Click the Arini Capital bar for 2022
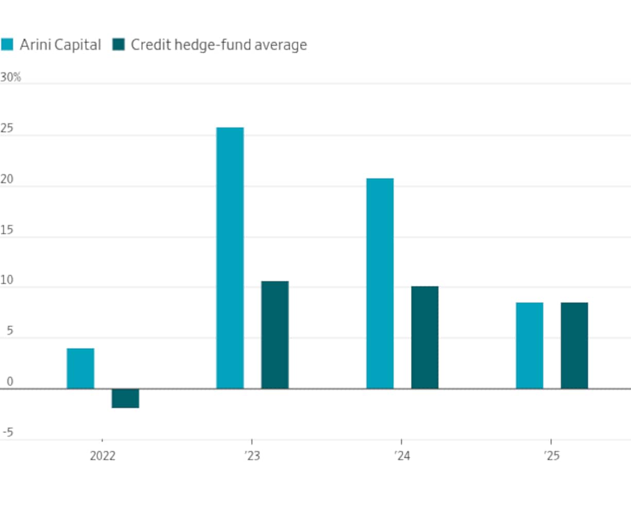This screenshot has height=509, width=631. click(x=80, y=368)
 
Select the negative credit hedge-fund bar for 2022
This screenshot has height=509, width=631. click(x=125, y=398)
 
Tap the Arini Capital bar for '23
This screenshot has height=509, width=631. click(x=230, y=258)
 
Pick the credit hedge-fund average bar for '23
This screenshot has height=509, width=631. click(x=275, y=335)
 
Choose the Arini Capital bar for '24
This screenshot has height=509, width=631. click(x=380, y=283)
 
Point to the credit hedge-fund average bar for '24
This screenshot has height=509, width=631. click(x=424, y=337)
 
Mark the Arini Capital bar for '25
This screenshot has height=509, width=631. click(x=530, y=345)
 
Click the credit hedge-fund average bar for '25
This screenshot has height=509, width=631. click(x=574, y=345)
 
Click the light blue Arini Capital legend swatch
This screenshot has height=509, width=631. click(x=7, y=45)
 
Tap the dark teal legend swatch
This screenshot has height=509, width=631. click(x=118, y=45)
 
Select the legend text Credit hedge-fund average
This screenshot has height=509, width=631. click(x=219, y=45)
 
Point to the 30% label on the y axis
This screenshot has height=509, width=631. click(x=10, y=77)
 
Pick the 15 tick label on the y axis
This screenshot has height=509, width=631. click(x=7, y=230)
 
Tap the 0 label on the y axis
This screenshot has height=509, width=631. click(x=9, y=382)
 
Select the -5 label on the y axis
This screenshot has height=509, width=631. click(x=8, y=433)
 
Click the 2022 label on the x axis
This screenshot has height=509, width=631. click(x=103, y=456)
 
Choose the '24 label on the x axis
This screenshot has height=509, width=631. click(x=402, y=456)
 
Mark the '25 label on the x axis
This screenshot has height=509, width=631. click(x=551, y=456)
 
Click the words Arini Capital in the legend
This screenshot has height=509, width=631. click(x=60, y=45)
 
